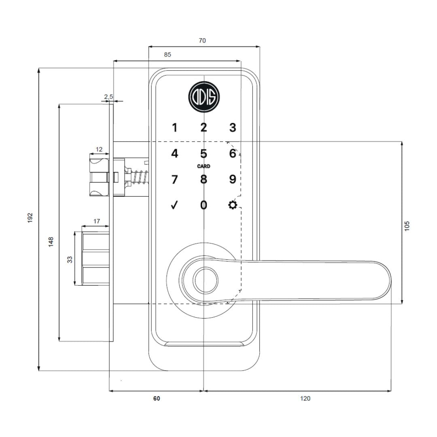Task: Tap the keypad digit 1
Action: [x=175, y=128]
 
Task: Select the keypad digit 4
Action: [x=175, y=154]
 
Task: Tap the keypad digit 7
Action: [x=175, y=180]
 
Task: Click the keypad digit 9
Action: [x=232, y=180]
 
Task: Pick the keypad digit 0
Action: [x=204, y=205]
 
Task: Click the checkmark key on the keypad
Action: [x=174, y=205]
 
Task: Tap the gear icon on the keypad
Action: [x=232, y=205]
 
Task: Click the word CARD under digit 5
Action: [x=204, y=166]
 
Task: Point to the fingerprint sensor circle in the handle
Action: [x=204, y=280]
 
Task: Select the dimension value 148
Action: [x=51, y=242]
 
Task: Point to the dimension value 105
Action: [x=407, y=225]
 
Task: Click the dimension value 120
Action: [x=305, y=399]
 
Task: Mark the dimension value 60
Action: [x=157, y=399]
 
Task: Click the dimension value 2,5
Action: [x=108, y=97]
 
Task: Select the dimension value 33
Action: [x=70, y=259]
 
